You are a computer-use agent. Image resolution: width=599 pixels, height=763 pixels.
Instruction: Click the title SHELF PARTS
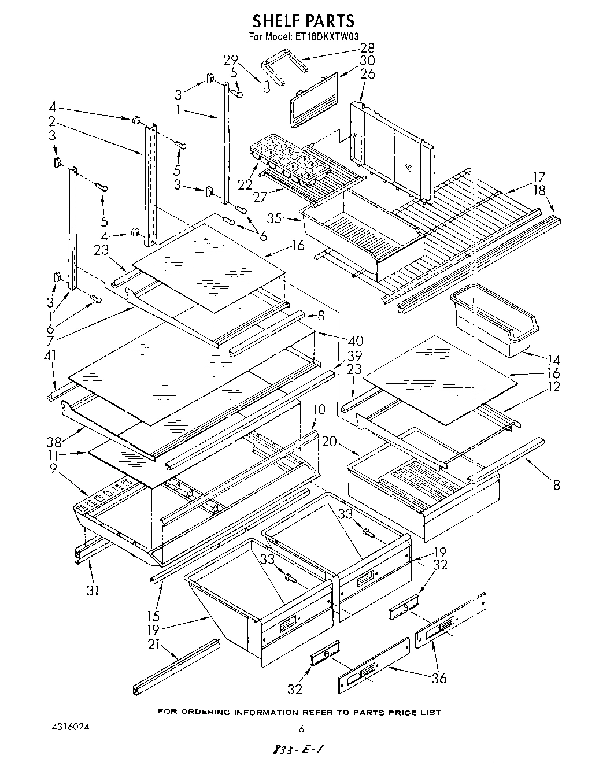tap(303, 21)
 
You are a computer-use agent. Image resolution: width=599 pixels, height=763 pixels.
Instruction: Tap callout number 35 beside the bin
tap(275, 218)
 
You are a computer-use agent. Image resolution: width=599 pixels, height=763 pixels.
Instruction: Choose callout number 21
tap(153, 646)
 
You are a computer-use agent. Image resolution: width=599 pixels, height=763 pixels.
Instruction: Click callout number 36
tap(439, 677)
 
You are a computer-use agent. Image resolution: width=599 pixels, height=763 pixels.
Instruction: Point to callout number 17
tap(539, 177)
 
